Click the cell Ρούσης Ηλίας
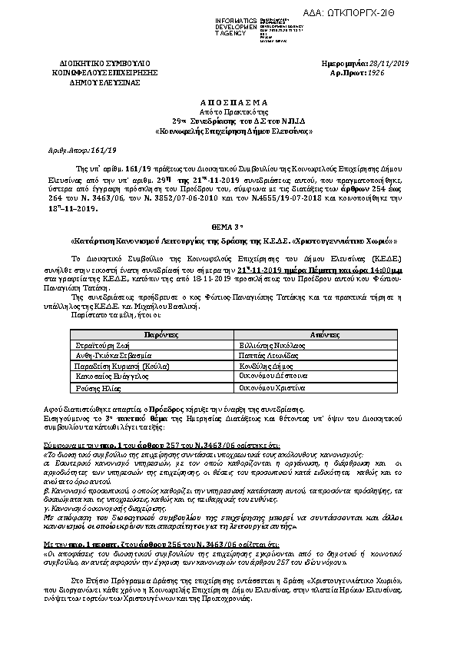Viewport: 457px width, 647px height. (x=95, y=390)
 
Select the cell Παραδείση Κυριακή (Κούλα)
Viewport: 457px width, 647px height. (x=117, y=367)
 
